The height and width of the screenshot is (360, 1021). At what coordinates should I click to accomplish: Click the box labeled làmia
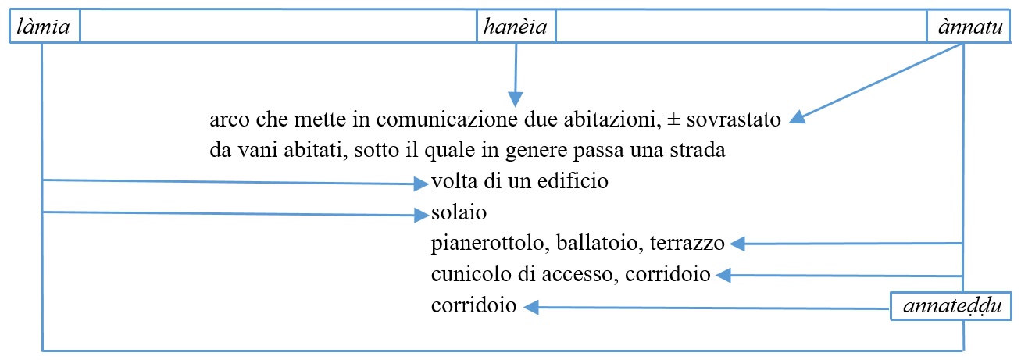pyautogui.click(x=45, y=27)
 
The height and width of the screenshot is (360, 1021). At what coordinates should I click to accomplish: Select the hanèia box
pyautogui.click(x=516, y=27)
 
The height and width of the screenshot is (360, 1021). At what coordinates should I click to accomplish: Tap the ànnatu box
pyautogui.click(x=969, y=27)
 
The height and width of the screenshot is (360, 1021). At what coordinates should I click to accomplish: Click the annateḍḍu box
pyautogui.click(x=951, y=306)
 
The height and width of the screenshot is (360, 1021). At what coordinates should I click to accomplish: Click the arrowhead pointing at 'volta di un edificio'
pyautogui.click(x=421, y=184)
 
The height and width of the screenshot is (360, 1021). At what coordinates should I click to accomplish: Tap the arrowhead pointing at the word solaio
pyautogui.click(x=422, y=215)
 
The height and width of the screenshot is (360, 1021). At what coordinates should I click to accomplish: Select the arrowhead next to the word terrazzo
pyautogui.click(x=737, y=244)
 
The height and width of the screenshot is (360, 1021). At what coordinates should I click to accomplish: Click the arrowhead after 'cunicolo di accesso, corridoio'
pyautogui.click(x=723, y=275)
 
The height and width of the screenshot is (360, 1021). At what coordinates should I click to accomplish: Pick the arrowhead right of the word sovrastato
pyautogui.click(x=798, y=118)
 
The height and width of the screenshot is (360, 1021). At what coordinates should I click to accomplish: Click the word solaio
pyautogui.click(x=459, y=213)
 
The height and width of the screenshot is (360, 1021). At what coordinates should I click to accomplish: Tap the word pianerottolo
pyautogui.click(x=488, y=243)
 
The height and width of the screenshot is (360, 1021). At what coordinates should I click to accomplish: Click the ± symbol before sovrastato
pyautogui.click(x=673, y=119)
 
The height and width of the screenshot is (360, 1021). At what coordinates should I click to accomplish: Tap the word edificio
pyautogui.click(x=573, y=181)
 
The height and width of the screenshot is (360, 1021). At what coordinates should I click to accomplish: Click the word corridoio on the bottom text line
pyautogui.click(x=473, y=305)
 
